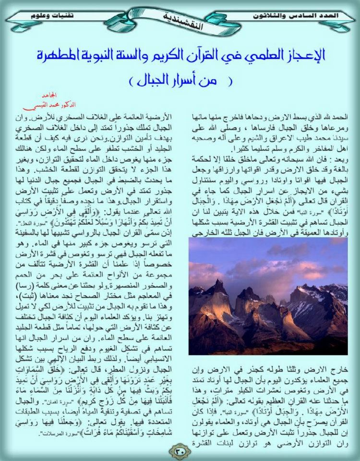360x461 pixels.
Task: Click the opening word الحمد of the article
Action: (x=334, y=118)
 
